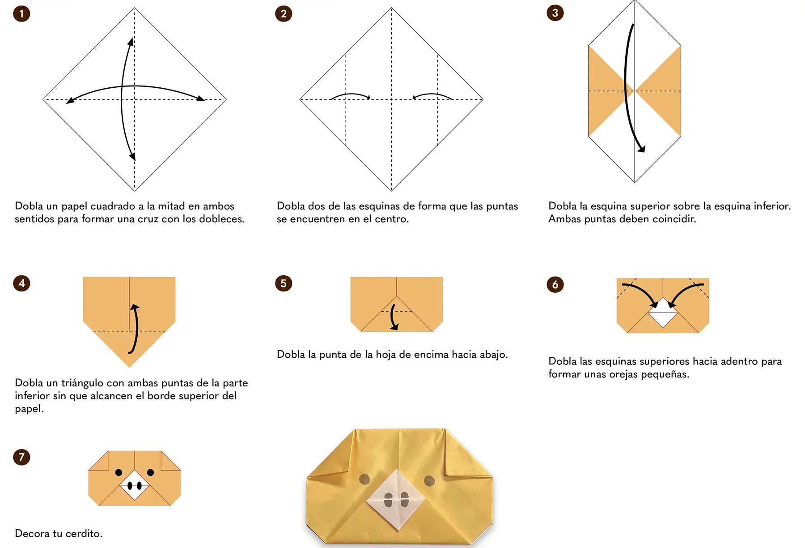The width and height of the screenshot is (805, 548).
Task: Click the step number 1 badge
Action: pyautogui.click(x=21, y=13)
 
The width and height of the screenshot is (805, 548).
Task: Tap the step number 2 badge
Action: pyautogui.click(x=284, y=13)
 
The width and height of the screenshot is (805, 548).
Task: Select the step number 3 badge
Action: pyautogui.click(x=555, y=13)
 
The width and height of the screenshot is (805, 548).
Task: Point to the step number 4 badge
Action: pyautogui.click(x=21, y=283)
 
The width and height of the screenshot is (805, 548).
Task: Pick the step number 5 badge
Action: pyautogui.click(x=284, y=283)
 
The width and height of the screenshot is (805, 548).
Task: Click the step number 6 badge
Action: pyautogui.click(x=555, y=284)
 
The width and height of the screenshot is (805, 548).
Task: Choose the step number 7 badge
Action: pyautogui.click(x=21, y=457)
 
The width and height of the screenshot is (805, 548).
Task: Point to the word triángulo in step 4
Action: pyautogui.click(x=82, y=383)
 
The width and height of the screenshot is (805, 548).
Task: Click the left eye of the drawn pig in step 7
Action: pyautogui.click(x=119, y=472)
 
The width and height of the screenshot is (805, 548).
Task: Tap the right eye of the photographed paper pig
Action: pyautogui.click(x=429, y=480)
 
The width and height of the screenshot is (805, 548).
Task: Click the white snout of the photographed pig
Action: pyautogui.click(x=396, y=499)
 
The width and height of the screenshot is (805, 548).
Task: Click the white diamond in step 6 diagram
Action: pyautogui.click(x=663, y=312)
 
